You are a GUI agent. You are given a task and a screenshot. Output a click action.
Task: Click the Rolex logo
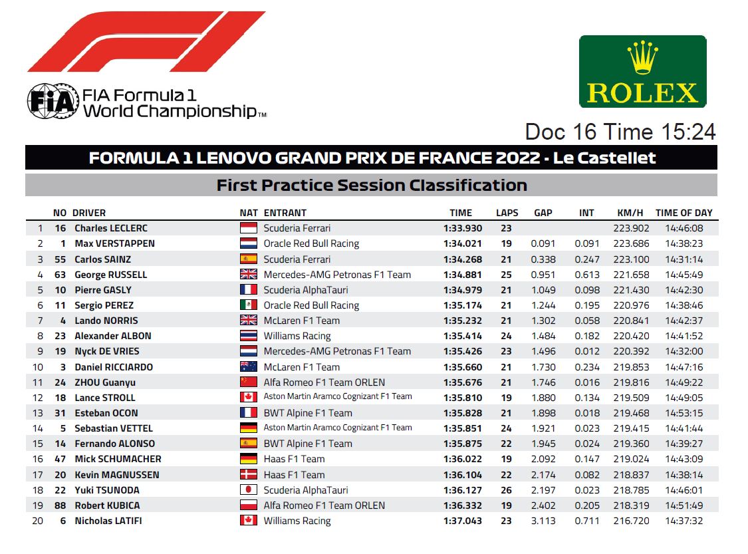click(642, 72)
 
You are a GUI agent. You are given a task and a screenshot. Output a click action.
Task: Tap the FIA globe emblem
click(53, 101)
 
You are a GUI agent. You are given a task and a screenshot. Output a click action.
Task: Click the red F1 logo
click(146, 41)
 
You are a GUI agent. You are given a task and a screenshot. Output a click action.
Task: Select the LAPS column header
click(507, 213)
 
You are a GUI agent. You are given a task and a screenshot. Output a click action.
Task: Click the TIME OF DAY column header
click(684, 213)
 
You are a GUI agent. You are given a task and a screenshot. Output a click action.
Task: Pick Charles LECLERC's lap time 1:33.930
click(463, 228)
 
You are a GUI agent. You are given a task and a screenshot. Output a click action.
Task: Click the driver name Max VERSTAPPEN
click(114, 243)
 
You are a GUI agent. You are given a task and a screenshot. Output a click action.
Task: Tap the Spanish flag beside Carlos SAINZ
click(249, 259)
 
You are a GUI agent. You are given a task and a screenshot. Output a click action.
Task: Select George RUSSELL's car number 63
click(60, 275)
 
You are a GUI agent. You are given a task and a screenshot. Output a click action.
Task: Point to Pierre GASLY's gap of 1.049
click(543, 290)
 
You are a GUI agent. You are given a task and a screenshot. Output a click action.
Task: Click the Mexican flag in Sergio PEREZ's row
click(249, 305)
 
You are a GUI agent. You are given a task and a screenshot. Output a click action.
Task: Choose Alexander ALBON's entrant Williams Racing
click(297, 336)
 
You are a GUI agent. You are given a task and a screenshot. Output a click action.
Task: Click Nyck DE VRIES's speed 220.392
click(631, 351)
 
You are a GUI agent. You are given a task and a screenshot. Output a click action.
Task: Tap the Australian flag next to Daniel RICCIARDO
click(249, 367)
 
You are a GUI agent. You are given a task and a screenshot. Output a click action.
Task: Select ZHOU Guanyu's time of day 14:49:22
click(684, 382)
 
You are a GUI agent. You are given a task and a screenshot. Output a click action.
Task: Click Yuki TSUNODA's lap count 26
click(506, 490)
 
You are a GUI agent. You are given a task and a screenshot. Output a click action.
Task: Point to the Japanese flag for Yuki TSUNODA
click(249, 490)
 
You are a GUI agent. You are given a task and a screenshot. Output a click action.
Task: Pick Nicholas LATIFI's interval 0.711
click(586, 521)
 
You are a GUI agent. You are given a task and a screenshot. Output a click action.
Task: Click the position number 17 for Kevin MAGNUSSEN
click(38, 475)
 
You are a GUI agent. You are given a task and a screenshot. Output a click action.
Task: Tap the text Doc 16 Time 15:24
click(620, 132)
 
